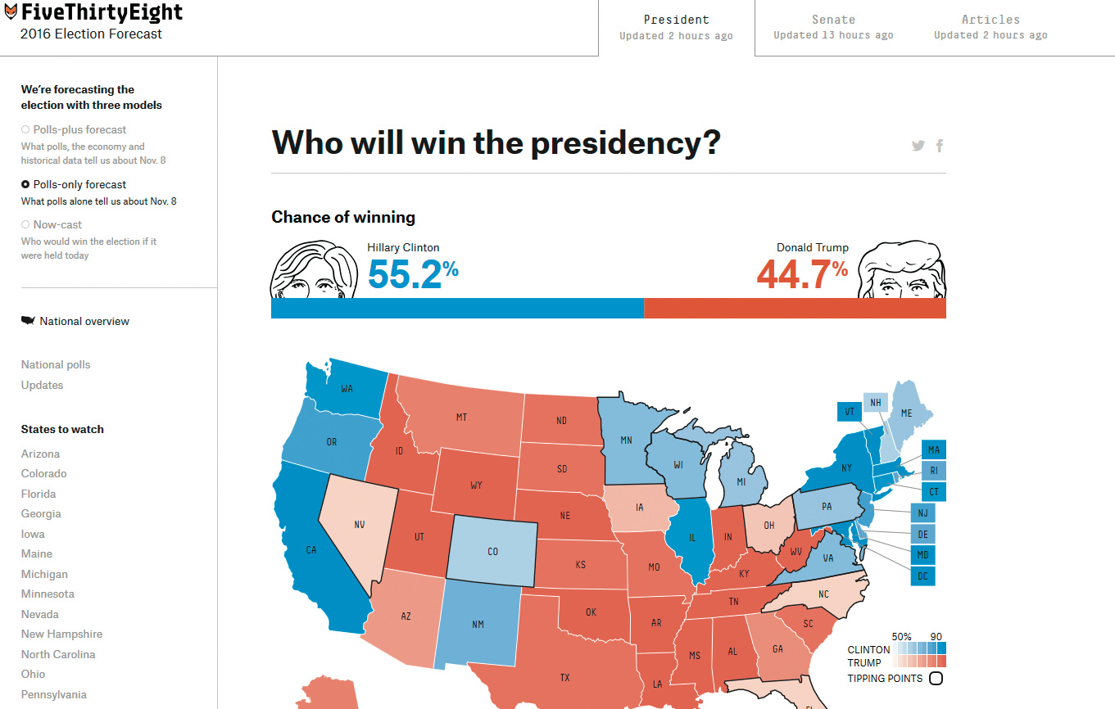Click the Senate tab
tap(833, 26)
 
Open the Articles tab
tap(990, 26)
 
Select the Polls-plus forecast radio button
tap(25, 129)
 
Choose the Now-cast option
tap(25, 224)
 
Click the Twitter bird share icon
tap(918, 146)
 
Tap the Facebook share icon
tap(940, 146)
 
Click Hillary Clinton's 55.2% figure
tap(412, 273)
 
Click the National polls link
tap(56, 364)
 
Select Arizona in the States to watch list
tap(40, 454)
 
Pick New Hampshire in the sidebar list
tap(61, 634)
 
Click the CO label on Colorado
tap(492, 551)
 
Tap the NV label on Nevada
tap(359, 524)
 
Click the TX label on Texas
tap(564, 677)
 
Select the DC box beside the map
tap(922, 576)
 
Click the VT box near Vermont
tap(849, 412)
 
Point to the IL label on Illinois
tap(692, 538)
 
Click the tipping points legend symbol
tap(936, 678)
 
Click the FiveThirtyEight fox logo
tap(11, 12)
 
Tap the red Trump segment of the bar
tap(795, 308)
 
